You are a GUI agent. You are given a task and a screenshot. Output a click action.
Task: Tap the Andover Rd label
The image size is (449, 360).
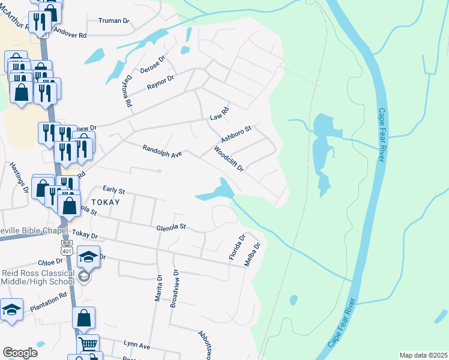click(x=70, y=32)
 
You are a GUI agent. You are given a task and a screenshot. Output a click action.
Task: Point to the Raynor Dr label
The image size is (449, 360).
click(x=160, y=83)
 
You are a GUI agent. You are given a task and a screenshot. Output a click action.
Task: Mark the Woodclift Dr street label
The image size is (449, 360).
click(x=228, y=159)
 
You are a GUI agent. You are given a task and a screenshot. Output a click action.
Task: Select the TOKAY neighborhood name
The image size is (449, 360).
click(x=105, y=202)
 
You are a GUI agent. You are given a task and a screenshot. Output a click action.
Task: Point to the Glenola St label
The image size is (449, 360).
click(x=172, y=227)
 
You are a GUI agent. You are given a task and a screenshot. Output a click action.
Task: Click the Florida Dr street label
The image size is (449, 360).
click(x=237, y=248)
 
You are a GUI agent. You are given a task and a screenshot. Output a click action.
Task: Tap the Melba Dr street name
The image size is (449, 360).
click(x=253, y=254)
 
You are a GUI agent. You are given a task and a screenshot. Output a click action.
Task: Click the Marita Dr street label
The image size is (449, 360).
click(x=159, y=289)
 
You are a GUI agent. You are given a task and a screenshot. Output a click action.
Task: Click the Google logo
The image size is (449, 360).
click(x=20, y=353)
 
